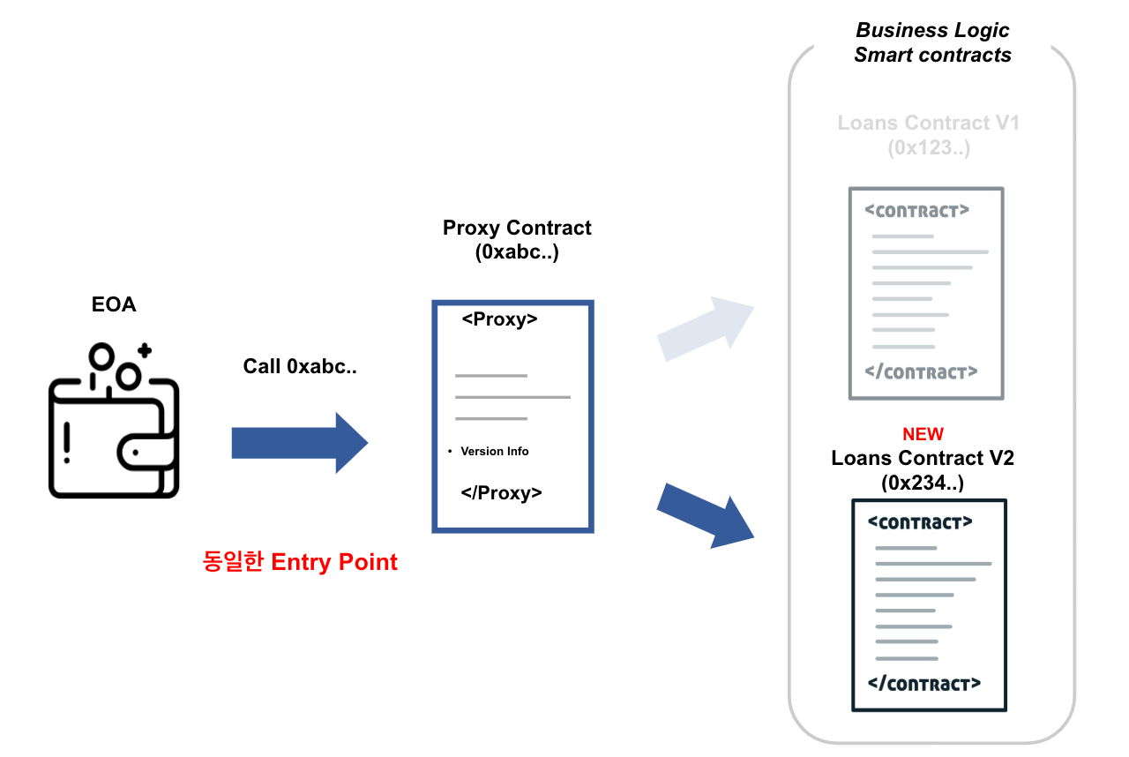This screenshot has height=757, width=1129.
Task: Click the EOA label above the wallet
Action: (114, 304)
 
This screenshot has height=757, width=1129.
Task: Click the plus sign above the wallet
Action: (146, 350)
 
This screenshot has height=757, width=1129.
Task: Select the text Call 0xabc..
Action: (300, 366)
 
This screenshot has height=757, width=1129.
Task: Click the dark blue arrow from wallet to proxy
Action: (300, 443)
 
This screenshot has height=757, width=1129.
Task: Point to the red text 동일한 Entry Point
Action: (300, 562)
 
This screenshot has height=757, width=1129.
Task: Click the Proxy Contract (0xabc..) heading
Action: (517, 240)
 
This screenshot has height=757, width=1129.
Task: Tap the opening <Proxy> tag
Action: (499, 319)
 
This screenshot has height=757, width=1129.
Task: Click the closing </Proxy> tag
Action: (502, 492)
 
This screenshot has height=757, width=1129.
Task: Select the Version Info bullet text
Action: (495, 451)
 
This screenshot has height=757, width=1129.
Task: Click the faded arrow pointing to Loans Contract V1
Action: (706, 328)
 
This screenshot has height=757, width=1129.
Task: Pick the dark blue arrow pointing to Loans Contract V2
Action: (706, 515)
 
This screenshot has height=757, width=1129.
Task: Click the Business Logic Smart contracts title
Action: (933, 42)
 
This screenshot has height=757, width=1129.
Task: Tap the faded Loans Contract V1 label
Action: (929, 135)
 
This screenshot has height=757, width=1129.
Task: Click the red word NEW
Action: (923, 434)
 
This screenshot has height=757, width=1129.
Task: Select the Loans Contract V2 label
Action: (923, 458)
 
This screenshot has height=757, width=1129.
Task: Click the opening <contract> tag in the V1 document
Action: (916, 211)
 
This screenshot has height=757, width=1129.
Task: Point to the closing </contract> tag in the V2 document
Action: (924, 684)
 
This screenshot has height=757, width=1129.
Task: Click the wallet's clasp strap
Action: (146, 452)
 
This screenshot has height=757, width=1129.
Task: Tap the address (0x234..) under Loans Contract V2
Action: (923, 483)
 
